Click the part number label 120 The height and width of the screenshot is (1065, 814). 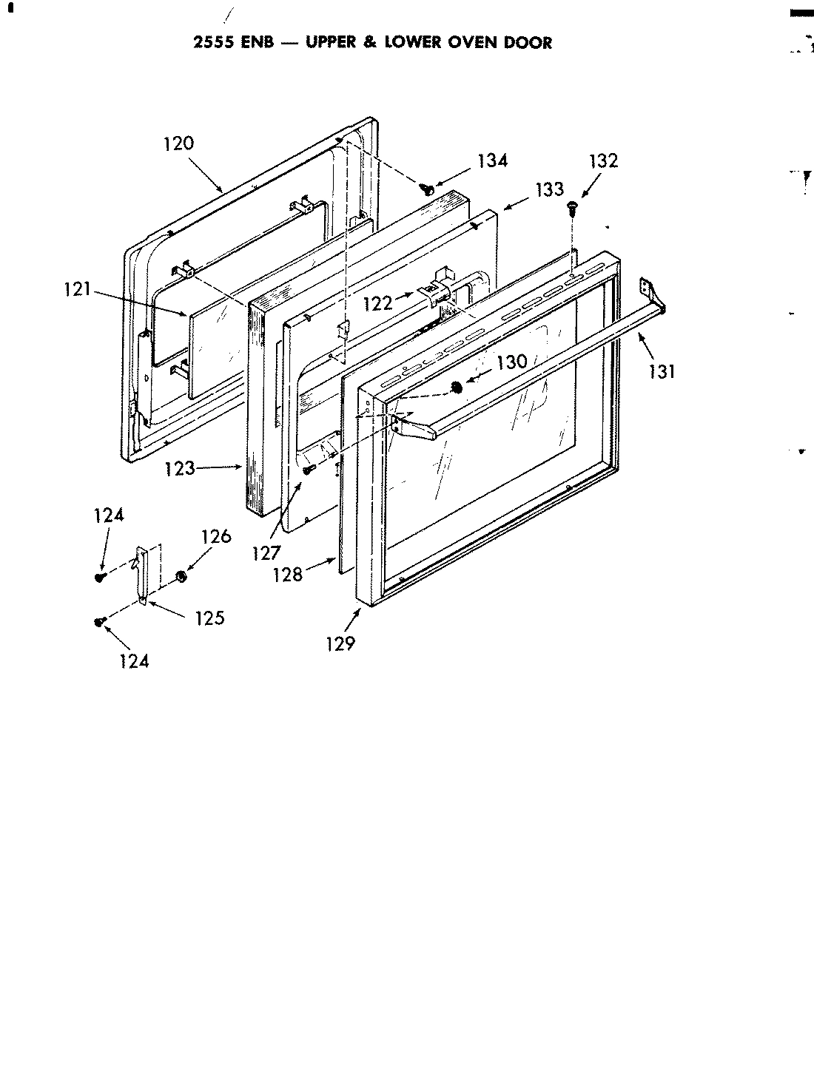178,143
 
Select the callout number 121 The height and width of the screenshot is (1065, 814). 75,290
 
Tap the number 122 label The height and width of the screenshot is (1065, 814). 378,302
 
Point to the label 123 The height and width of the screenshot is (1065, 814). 181,468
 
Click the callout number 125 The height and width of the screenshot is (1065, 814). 209,618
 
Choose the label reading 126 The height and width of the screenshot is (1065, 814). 216,536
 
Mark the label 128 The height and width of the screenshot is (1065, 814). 288,575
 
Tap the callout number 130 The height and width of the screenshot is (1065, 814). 511,362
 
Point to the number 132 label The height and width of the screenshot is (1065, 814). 603,161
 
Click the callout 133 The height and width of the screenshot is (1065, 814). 549,190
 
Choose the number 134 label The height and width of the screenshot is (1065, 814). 492,160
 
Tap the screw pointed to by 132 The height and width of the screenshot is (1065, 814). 572,208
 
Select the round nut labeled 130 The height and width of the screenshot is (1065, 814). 458,386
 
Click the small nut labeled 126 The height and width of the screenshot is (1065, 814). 180,575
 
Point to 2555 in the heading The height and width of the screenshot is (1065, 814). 214,43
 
